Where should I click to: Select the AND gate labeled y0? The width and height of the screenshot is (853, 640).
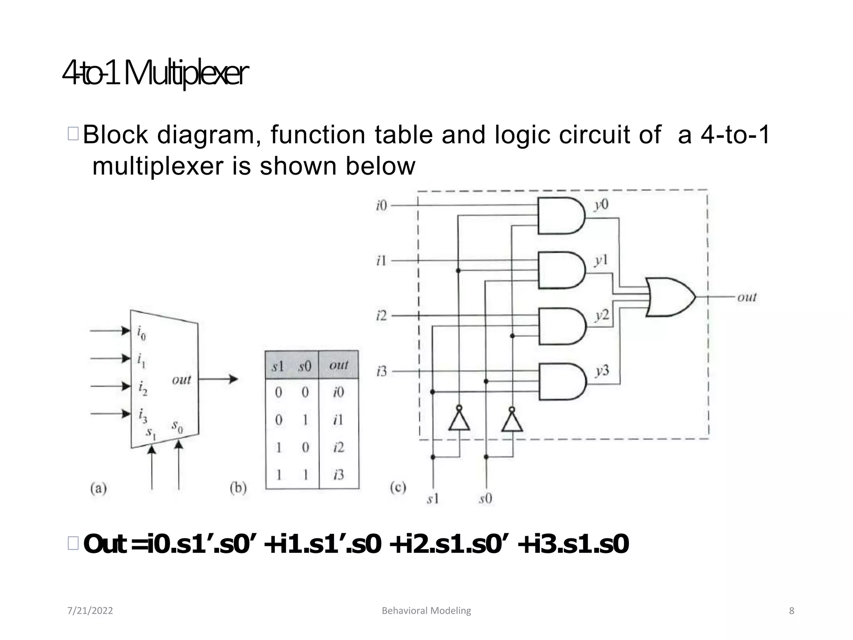coord(560,216)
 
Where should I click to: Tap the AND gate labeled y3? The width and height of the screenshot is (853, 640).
coord(561,382)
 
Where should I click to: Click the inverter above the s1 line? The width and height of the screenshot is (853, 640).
coord(459,420)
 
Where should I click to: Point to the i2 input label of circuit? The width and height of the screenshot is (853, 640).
coord(381,315)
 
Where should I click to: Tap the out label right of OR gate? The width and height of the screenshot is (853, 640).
coord(746,297)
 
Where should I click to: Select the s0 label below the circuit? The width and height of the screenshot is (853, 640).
coord(486,498)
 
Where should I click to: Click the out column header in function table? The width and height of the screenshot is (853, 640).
coord(339,365)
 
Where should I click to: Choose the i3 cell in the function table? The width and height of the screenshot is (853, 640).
coord(339,475)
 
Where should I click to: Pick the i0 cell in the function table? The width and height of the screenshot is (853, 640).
coord(339,392)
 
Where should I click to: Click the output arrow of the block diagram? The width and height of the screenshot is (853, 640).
coord(219,379)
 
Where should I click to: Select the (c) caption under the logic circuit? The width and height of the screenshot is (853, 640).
coord(398,487)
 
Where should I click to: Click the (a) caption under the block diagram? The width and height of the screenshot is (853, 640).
coord(98,488)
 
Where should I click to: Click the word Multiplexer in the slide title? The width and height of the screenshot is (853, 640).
coord(186,74)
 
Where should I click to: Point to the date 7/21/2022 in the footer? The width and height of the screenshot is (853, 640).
coord(90,611)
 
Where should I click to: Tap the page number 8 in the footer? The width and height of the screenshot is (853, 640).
coord(791,611)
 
